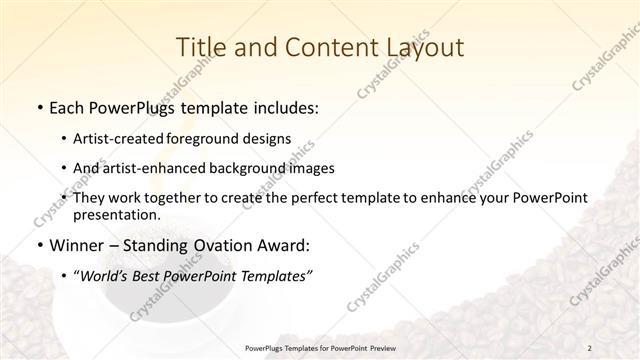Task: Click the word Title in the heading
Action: (200, 47)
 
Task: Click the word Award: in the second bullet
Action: (288, 245)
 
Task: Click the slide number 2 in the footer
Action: (591, 348)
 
